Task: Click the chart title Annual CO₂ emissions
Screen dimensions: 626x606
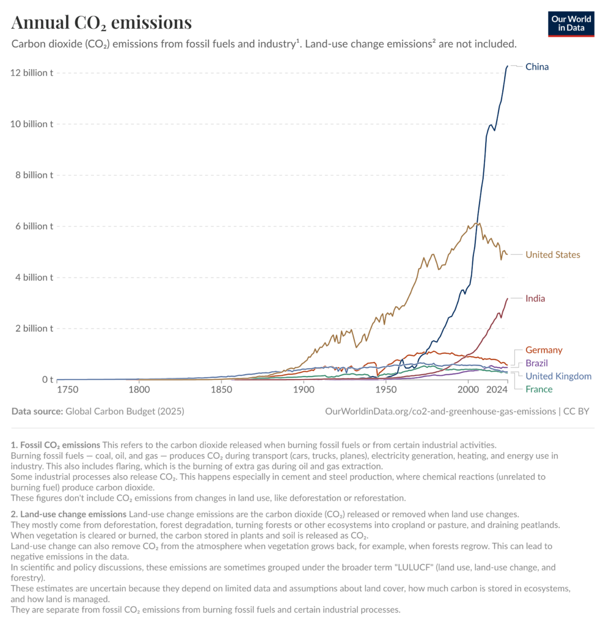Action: pyautogui.click(x=101, y=23)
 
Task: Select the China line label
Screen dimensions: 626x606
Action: pyautogui.click(x=537, y=67)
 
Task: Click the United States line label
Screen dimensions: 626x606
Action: pyautogui.click(x=553, y=254)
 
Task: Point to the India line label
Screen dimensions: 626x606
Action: pyautogui.click(x=535, y=298)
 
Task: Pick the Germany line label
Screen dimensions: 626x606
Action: pyautogui.click(x=544, y=350)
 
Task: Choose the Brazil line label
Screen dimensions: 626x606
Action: pyautogui.click(x=537, y=363)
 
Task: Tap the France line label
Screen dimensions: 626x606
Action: pyautogui.click(x=539, y=389)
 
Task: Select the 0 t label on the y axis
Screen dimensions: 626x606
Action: pyautogui.click(x=48, y=380)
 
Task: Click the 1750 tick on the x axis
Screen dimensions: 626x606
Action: pyautogui.click(x=68, y=389)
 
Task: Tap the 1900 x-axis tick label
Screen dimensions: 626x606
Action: pyautogui.click(x=304, y=389)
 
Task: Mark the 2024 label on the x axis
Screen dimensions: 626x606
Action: pyautogui.click(x=497, y=389)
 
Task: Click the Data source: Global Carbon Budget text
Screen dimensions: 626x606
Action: pyautogui.click(x=98, y=411)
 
